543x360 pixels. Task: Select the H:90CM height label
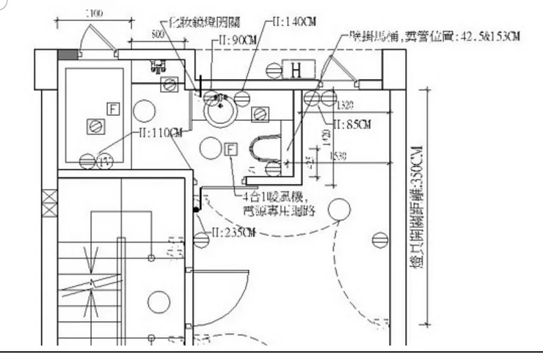tap(238, 39)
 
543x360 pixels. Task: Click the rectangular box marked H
tap(296, 70)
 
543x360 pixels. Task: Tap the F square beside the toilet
tap(230, 150)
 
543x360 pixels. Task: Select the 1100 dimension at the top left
tap(93, 14)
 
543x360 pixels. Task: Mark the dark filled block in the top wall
tap(67, 54)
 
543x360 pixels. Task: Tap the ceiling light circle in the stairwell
tap(158, 301)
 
